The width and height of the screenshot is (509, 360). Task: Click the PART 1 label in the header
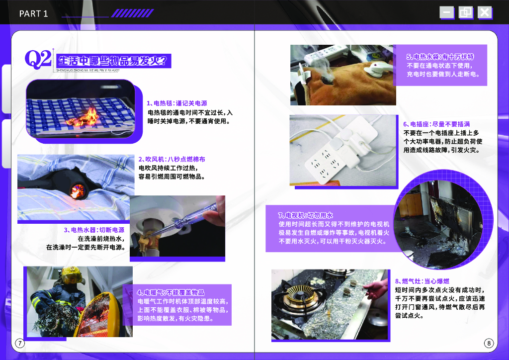point(33,13)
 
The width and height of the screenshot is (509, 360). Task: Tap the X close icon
point(485,12)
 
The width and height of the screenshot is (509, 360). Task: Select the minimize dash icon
point(447,12)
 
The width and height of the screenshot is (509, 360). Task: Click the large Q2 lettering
point(38,59)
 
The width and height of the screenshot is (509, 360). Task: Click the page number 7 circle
point(20,343)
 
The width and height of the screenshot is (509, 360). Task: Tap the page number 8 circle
point(489,343)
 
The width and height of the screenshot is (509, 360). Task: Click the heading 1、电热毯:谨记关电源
point(177,103)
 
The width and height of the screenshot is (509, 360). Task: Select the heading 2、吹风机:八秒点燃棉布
point(171,159)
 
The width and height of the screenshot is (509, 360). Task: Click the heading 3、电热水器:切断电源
point(94,230)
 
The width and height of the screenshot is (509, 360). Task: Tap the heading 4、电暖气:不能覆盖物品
point(170,292)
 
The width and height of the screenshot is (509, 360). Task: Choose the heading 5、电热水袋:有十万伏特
point(440,57)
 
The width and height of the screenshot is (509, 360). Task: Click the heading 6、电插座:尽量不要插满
point(436,124)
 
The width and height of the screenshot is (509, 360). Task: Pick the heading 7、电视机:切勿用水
point(306,215)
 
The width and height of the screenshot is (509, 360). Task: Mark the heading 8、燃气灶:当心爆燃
point(423,281)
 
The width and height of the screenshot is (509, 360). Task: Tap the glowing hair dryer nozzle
point(78,190)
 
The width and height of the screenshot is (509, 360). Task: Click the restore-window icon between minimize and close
point(465,12)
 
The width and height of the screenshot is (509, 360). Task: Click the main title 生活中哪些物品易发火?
point(113,60)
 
